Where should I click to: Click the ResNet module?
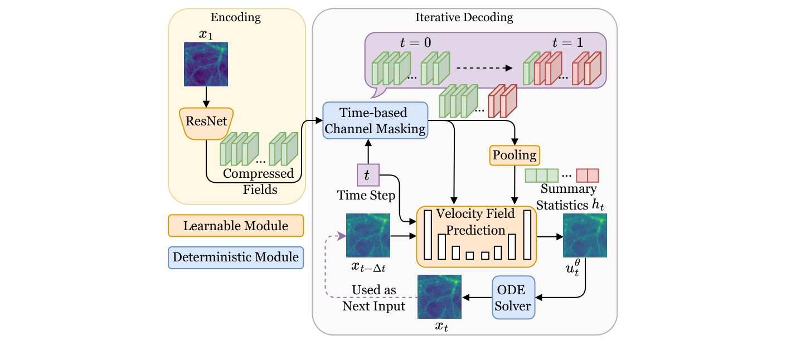coord(206,121)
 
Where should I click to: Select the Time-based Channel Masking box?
coord(375,120)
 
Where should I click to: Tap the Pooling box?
coord(515,155)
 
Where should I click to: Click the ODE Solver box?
coord(513,298)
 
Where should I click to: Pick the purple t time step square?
coord(367,176)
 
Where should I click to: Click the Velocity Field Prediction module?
coord(476,236)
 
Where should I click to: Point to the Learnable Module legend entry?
coord(235,226)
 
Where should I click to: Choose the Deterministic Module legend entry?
coord(235,257)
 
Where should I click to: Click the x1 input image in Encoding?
coord(206,64)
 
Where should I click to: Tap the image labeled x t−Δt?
coord(368,235)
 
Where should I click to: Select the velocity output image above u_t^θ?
coord(585,235)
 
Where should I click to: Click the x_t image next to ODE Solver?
coord(439,296)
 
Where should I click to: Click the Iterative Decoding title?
coord(464,17)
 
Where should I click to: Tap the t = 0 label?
coord(415,43)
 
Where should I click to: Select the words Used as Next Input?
coord(373,298)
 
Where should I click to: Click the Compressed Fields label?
coord(259,182)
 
